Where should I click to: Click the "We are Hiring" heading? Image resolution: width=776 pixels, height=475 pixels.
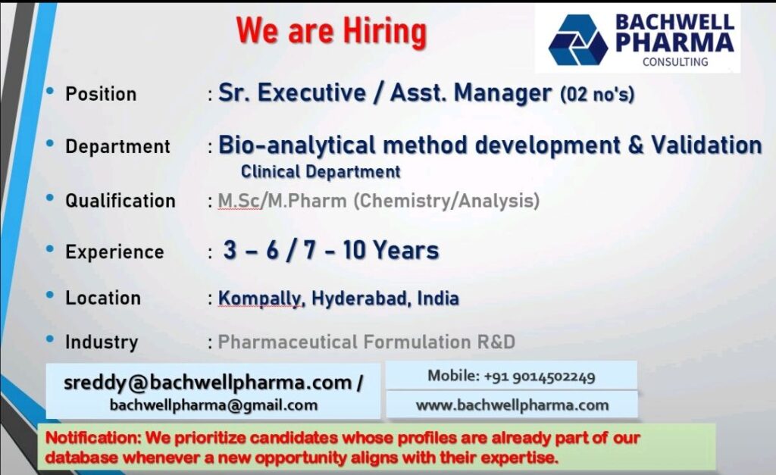(331, 30)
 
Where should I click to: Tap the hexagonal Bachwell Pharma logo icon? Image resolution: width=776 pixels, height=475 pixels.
(577, 40)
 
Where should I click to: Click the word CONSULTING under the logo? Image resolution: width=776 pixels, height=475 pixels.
(675, 62)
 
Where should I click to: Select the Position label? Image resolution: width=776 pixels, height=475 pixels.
(101, 94)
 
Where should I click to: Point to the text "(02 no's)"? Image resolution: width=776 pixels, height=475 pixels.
(597, 94)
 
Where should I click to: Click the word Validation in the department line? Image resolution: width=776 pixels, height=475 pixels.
(706, 145)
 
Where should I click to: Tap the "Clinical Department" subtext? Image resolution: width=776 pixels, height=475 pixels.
(321, 172)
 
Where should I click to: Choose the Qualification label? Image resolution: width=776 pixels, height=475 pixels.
(120, 201)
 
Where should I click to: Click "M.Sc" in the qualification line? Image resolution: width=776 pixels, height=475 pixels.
(239, 201)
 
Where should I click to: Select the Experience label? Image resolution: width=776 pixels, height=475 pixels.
(114, 252)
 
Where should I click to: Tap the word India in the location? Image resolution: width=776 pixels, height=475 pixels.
(438, 298)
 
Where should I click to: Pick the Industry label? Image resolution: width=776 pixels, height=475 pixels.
(102, 342)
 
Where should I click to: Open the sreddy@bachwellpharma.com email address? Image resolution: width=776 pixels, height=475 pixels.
(208, 383)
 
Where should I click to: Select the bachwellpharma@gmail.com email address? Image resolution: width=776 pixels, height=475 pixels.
(213, 405)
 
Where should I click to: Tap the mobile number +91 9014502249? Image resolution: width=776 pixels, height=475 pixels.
(540, 377)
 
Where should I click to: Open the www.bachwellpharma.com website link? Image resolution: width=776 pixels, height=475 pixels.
(512, 405)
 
